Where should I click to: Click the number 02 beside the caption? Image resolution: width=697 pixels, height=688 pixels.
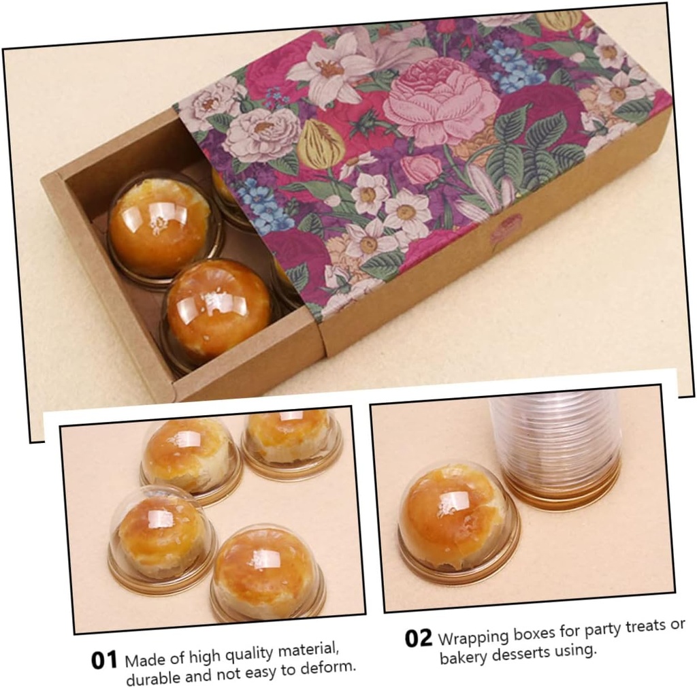pyautogui.click(x=418, y=638)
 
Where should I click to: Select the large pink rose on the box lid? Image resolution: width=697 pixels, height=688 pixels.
pyautogui.click(x=440, y=103)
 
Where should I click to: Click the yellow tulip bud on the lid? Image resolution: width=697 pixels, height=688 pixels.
pyautogui.click(x=320, y=144)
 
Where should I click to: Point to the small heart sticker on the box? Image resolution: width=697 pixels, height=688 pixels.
pyautogui.click(x=506, y=227)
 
